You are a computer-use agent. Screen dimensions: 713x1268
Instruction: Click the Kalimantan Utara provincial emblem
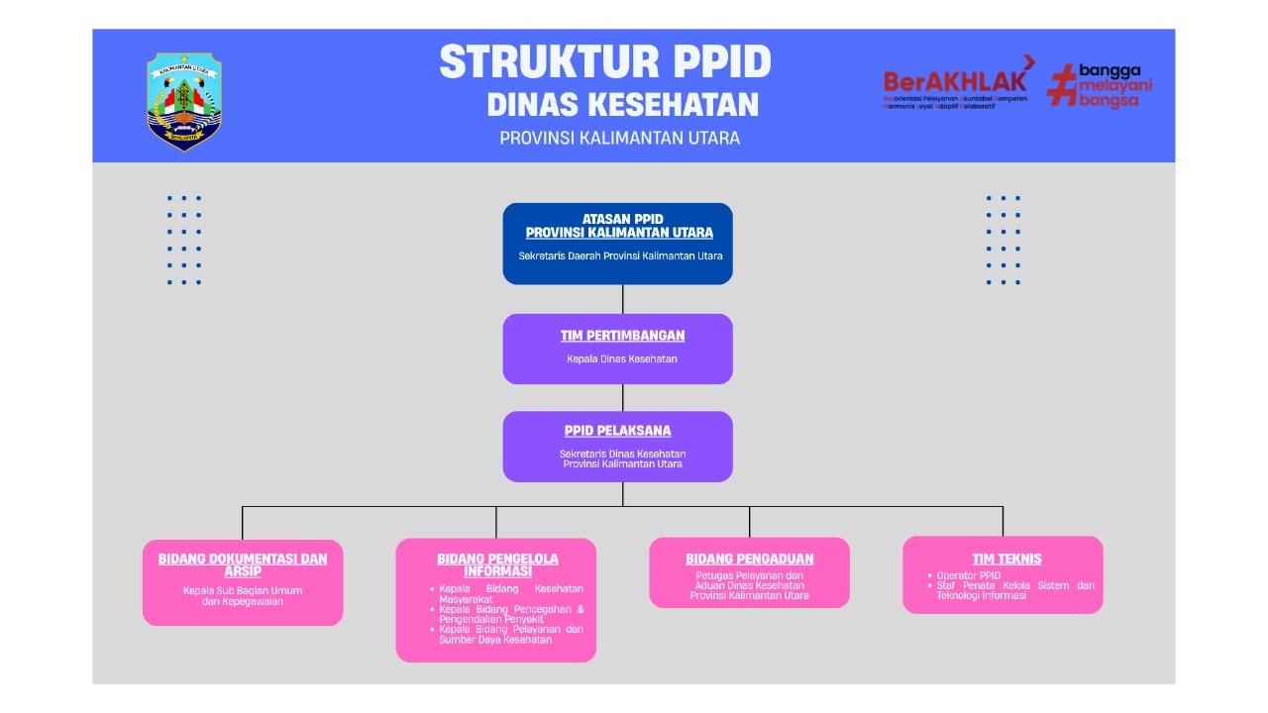[x=184, y=101]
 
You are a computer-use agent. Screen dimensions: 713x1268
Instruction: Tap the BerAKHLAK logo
[x=955, y=82]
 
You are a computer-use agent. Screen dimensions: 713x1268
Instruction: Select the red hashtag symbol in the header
[x=1062, y=85]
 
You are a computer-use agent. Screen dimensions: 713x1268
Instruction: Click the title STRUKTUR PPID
[x=605, y=62]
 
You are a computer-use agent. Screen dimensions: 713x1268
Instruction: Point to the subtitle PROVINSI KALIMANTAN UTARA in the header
[x=619, y=138]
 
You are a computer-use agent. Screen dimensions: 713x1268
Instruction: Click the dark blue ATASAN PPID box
[x=617, y=244]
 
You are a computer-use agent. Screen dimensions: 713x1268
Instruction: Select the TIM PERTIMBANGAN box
[x=617, y=349]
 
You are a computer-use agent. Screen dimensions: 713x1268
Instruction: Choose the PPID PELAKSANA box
[x=617, y=447]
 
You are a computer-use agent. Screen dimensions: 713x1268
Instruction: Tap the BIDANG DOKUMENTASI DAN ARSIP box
[x=243, y=582]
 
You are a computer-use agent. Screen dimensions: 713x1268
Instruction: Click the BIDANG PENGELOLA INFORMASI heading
[x=497, y=564]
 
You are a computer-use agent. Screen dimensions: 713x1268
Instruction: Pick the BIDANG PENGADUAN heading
[x=750, y=559]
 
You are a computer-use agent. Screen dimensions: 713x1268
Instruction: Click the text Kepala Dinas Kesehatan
[x=622, y=359]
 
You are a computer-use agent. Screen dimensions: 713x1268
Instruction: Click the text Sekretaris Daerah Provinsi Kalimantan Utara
[x=620, y=255]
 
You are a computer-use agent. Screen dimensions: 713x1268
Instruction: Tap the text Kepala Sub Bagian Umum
[x=243, y=590]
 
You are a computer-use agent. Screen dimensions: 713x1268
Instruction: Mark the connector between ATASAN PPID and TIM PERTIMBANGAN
[x=622, y=299]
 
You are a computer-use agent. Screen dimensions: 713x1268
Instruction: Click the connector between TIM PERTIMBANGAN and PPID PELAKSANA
[x=622, y=397]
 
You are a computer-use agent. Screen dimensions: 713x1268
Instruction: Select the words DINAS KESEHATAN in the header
[x=623, y=104]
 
